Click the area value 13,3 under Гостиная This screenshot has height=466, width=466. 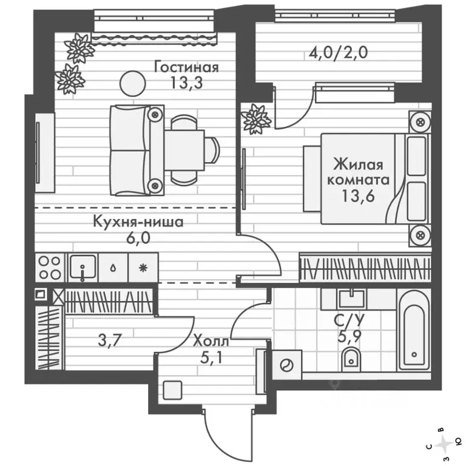pyautogui.click(x=186, y=82)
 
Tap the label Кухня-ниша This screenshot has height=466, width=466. pyautogui.click(x=138, y=222)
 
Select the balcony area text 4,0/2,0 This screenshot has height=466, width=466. pyautogui.click(x=339, y=52)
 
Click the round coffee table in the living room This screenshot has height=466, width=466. pyautogui.click(x=129, y=83)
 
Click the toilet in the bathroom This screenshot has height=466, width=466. pyautogui.click(x=350, y=362)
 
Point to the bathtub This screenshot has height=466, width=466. pyautogui.click(x=413, y=331)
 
